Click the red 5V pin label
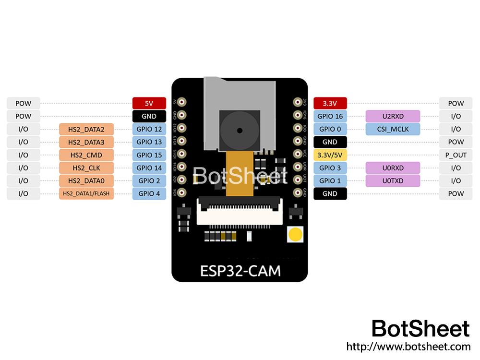149,103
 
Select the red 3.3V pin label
330,103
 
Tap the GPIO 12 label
149,129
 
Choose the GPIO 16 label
330,116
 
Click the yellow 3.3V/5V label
330,155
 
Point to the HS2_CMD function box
86,155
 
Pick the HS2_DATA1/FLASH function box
86,194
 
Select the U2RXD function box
393,116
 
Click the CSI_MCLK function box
393,129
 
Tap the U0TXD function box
393,181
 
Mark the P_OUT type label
456,155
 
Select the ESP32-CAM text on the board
240,271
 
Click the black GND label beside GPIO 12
149,116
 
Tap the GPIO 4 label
149,194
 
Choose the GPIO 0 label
330,129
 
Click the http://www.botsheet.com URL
408,346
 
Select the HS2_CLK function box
86,168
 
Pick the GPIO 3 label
330,168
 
